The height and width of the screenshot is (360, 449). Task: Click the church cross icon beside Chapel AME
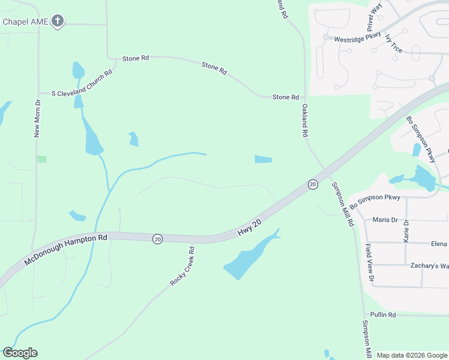(x=58, y=22)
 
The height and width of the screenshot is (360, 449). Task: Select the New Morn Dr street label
(x=37, y=119)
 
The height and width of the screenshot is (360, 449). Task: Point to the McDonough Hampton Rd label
(x=65, y=250)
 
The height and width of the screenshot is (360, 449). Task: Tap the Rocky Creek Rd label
(x=182, y=266)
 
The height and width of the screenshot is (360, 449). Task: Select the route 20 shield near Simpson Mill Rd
(x=313, y=184)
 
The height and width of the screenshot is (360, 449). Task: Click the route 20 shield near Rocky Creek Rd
(x=157, y=239)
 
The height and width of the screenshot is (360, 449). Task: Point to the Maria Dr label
(x=385, y=220)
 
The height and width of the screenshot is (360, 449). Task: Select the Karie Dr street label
(x=406, y=230)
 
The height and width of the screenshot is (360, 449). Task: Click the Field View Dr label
(x=370, y=263)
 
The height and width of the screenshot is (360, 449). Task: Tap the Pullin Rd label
(x=383, y=314)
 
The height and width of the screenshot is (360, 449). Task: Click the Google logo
(x=20, y=353)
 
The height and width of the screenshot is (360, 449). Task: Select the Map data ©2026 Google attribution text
(x=412, y=355)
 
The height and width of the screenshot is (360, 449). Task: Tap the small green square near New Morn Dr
(x=41, y=159)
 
